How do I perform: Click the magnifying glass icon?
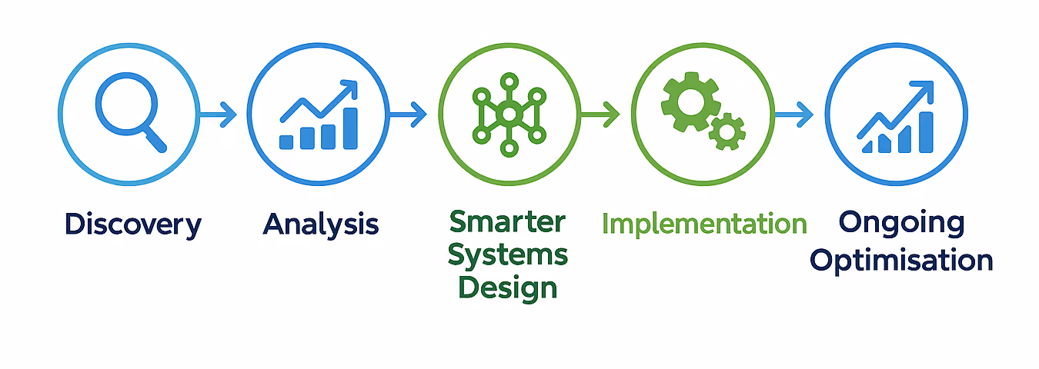(x=126, y=111)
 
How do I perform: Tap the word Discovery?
(x=133, y=224)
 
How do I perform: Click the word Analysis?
(x=321, y=224)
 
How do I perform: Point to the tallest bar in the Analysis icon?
(x=350, y=128)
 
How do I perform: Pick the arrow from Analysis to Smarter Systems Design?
(x=408, y=116)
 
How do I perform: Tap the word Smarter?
(x=507, y=222)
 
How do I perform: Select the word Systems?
(x=508, y=254)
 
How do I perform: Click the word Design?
(x=508, y=288)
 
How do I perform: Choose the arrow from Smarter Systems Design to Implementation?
(x=600, y=116)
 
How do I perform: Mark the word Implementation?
(x=703, y=224)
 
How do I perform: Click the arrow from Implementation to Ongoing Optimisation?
(x=794, y=116)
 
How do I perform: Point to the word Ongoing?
(x=900, y=223)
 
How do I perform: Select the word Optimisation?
(x=901, y=261)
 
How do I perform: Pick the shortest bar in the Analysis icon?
(x=286, y=142)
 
